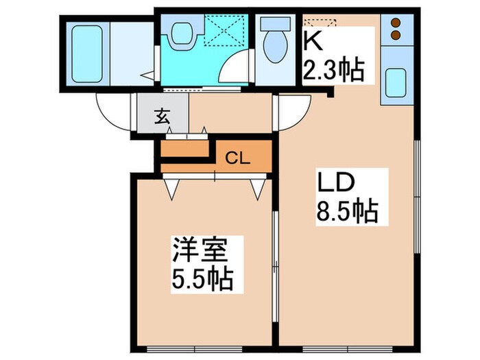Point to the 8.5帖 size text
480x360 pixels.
(346, 212)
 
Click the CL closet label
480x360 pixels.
(237, 158)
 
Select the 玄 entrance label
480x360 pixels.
(160, 117)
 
